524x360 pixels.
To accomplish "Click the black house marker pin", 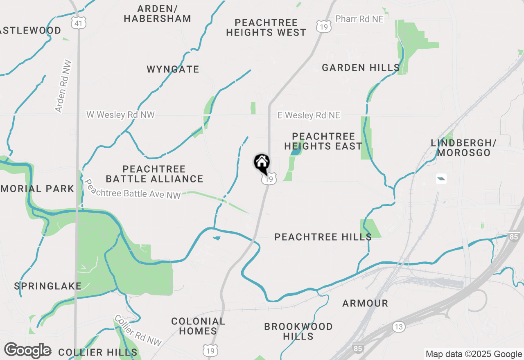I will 262,163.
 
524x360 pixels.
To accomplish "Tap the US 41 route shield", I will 78,23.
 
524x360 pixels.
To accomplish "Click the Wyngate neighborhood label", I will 173,69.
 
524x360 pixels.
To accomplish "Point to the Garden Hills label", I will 361,67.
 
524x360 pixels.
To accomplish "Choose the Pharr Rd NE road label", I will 359,19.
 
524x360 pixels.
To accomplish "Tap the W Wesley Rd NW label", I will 120,115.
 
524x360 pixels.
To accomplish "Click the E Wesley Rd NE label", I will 309,115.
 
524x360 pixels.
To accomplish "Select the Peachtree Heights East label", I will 323,141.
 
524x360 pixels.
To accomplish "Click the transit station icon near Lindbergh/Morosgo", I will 441,179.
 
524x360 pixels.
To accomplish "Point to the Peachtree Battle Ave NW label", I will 132,189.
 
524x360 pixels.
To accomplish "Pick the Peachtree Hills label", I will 323,237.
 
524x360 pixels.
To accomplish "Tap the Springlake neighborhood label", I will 48,286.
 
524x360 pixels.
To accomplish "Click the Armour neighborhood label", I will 365,303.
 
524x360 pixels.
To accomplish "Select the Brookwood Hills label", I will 298,331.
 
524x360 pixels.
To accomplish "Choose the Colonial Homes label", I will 198,326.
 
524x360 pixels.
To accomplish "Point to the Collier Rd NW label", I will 138,331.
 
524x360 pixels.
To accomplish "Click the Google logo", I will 27,350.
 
